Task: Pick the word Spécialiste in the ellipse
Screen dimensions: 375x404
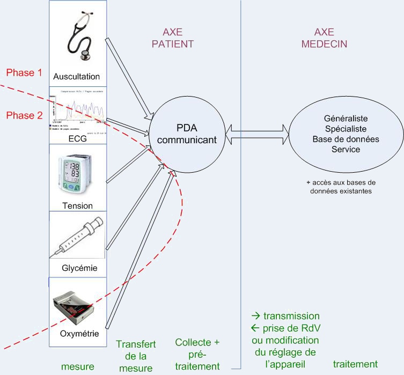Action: coord(345,129)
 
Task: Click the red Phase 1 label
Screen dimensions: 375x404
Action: coord(24,72)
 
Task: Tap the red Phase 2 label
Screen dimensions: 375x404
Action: coord(24,115)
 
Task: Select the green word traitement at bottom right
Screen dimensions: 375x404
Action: coord(355,364)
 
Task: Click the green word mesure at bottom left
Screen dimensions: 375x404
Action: coord(78,367)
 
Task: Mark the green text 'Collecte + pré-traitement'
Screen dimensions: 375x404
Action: coord(197,354)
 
